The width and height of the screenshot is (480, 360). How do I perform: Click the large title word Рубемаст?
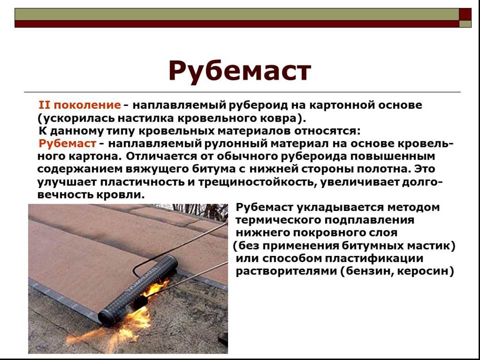(239, 71)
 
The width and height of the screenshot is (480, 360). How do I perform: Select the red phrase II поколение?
(79, 105)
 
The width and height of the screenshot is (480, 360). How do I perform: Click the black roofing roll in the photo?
(138, 290)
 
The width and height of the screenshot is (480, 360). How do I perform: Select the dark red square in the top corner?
(465, 14)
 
